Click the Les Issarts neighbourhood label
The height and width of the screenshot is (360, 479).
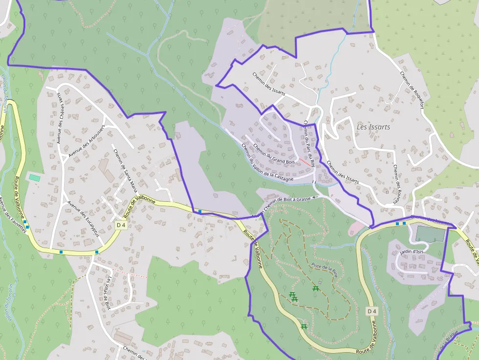pos(373,127)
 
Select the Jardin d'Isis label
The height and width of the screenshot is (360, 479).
pos(411,252)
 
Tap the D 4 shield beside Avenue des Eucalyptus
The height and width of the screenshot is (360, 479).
pos(122,225)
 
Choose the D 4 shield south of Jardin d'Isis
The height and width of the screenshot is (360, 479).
pos(372,311)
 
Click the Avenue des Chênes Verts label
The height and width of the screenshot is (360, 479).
pos(61,117)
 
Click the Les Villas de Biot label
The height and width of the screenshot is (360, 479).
pos(108,293)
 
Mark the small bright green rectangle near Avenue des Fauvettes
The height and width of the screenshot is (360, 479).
pos(34,177)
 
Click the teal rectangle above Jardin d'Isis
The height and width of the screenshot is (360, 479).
pos(430,234)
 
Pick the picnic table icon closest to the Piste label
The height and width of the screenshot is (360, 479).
pos(316,289)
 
